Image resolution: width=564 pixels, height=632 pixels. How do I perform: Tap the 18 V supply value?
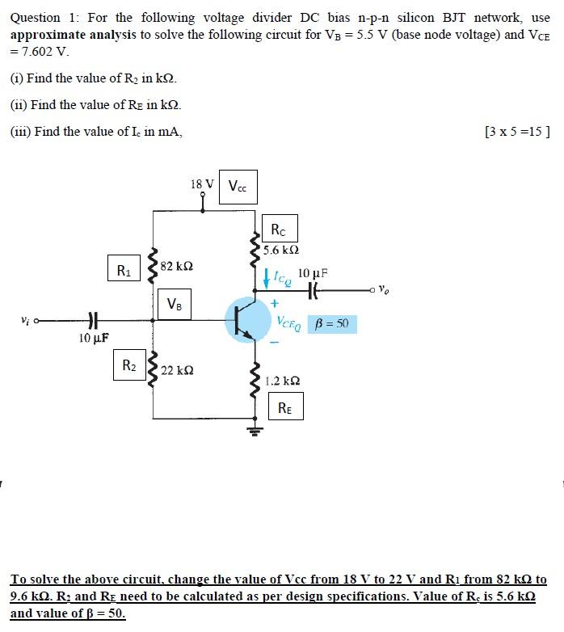(201, 184)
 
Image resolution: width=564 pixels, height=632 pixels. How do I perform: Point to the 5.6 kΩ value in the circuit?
(280, 251)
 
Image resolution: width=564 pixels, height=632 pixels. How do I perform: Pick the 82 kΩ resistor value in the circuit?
(176, 266)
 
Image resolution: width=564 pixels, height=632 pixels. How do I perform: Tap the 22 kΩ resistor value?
(176, 370)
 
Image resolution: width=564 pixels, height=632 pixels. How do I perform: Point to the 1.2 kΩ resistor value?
(283, 381)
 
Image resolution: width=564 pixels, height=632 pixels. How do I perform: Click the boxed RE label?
(285, 407)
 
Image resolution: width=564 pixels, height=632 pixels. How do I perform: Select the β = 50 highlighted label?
(332, 324)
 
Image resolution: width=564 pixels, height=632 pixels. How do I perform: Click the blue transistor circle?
(248, 319)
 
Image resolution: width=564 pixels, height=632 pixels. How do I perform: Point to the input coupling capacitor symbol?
(91, 319)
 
